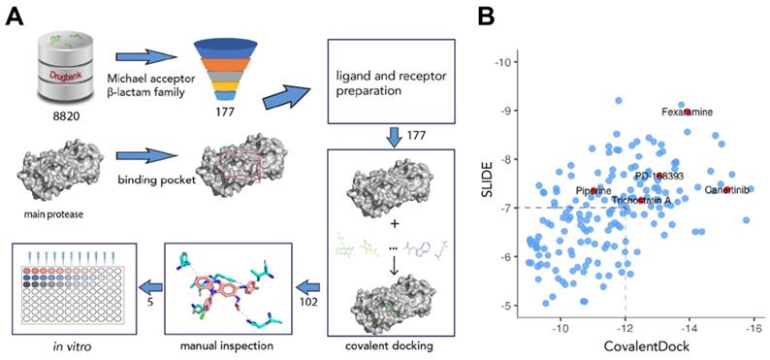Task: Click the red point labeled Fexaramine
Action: [x=688, y=112]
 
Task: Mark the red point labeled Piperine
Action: [x=594, y=191]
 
